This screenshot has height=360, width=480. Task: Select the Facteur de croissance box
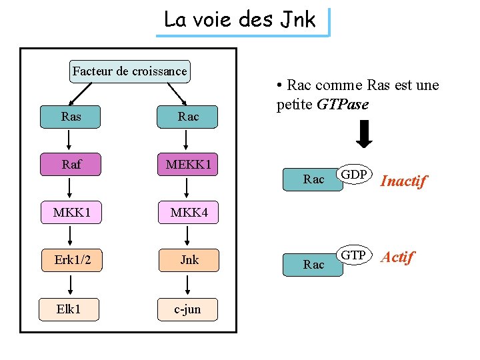[129, 71]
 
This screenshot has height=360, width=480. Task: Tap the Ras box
[71, 117]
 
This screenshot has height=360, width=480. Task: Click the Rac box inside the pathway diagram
[188, 117]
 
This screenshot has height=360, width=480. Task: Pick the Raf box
[71, 164]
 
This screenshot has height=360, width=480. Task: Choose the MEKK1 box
[188, 164]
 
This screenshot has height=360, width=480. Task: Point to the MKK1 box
[71, 213]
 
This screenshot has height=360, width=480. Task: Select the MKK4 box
[188, 213]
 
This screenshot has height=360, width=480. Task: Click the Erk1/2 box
[71, 259]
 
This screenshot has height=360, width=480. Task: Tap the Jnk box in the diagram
[188, 259]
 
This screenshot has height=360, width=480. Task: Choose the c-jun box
[188, 309]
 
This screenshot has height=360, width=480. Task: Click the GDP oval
[355, 175]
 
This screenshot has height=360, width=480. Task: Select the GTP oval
[354, 255]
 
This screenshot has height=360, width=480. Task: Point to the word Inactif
[403, 181]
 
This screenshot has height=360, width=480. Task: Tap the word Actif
[397, 257]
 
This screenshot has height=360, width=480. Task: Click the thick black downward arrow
[364, 134]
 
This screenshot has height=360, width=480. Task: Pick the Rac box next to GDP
[313, 179]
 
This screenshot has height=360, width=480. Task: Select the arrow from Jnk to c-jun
[188, 284]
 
